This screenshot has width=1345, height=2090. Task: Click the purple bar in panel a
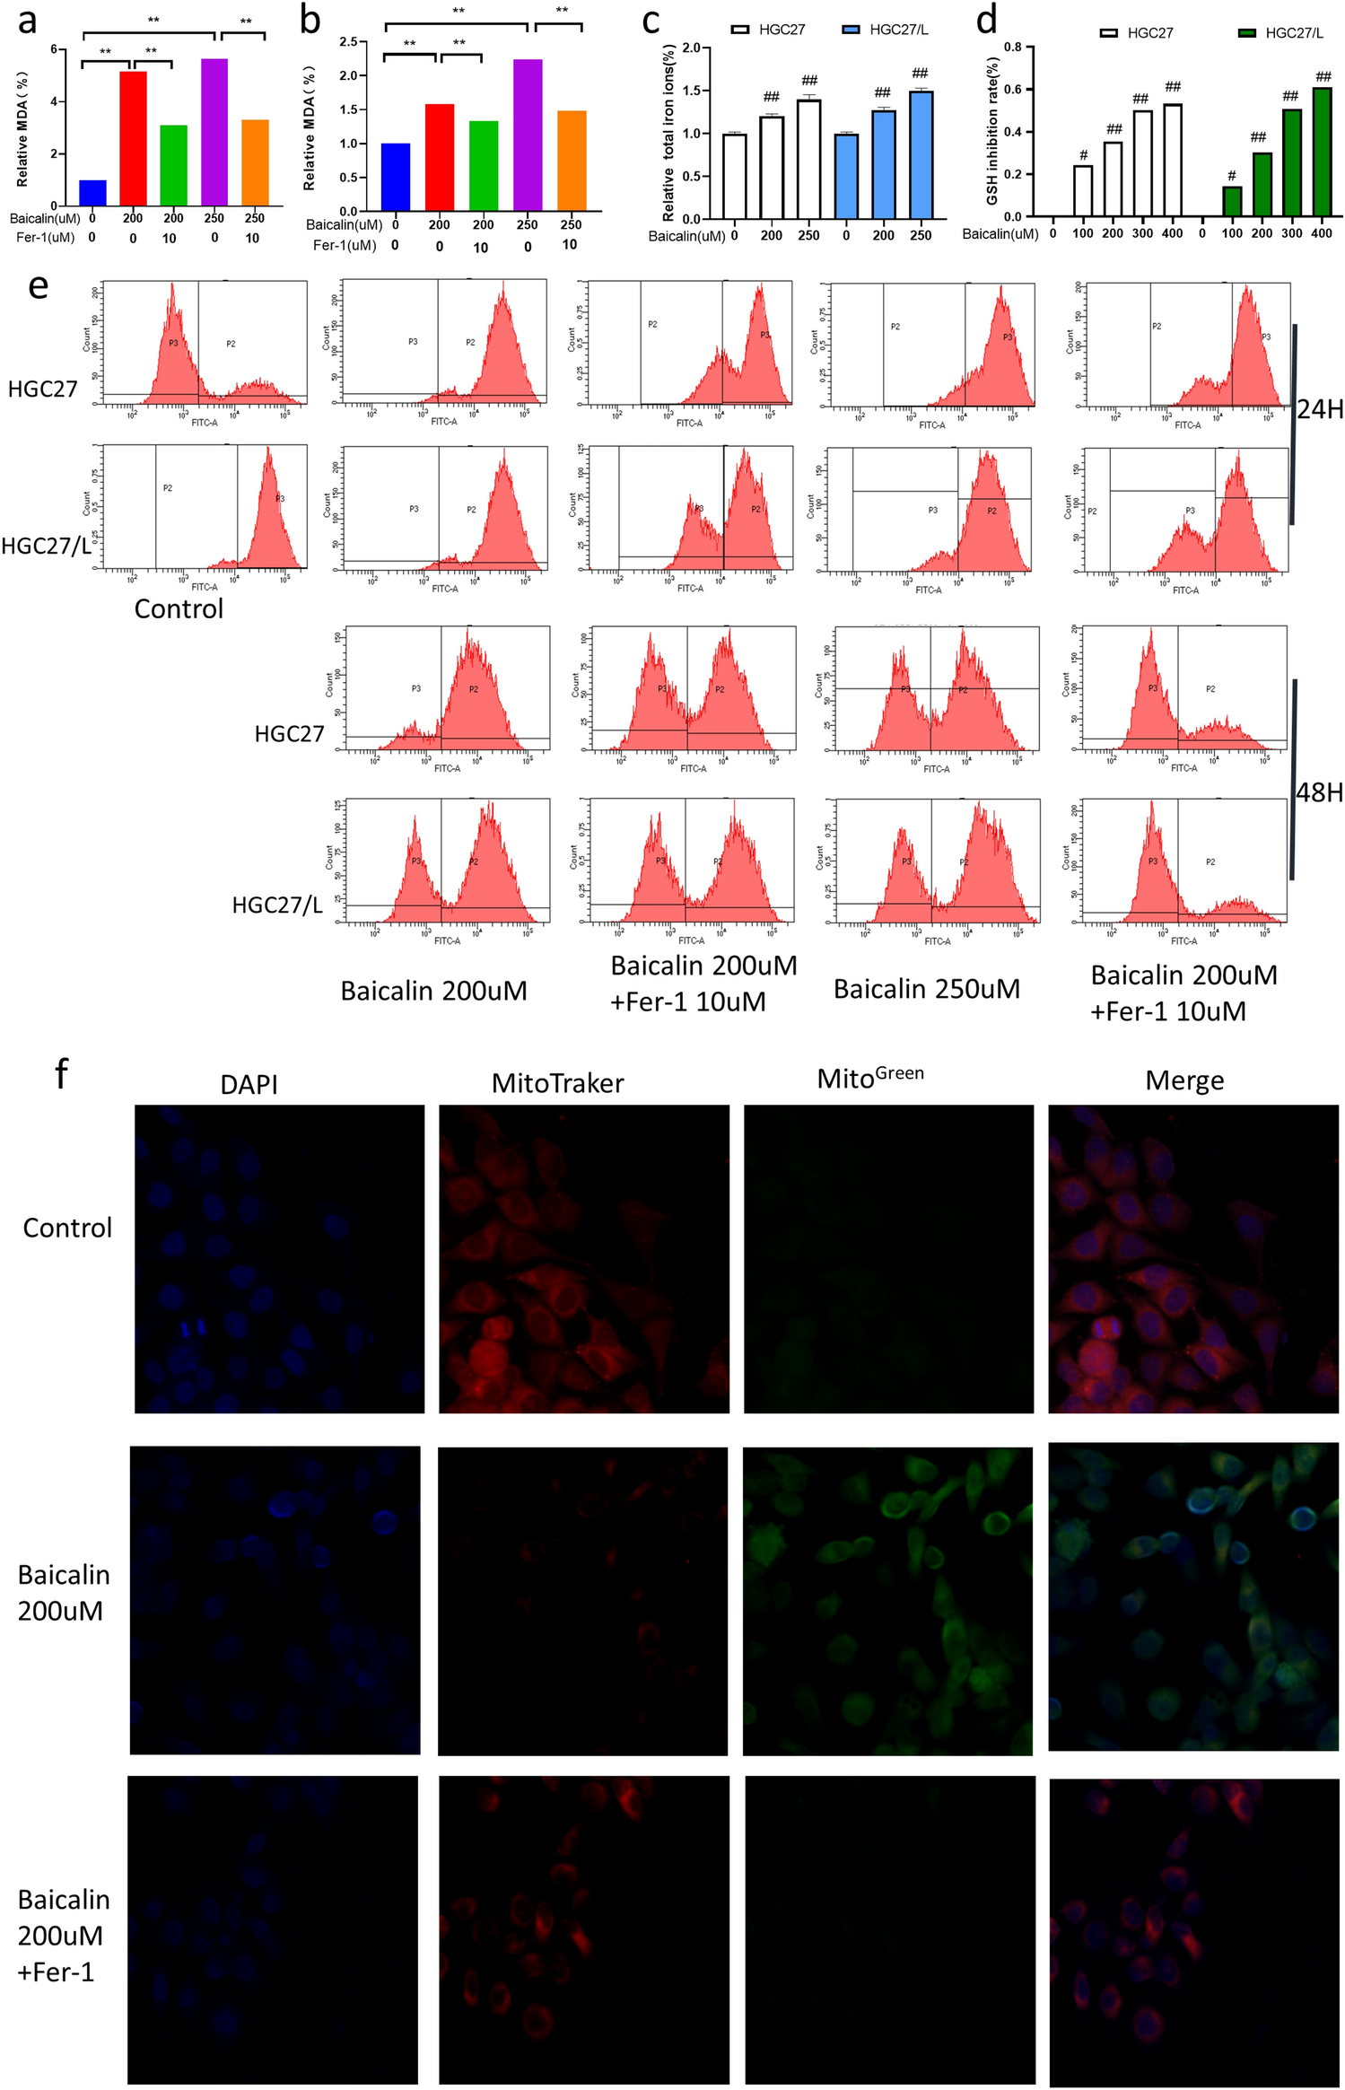click(214, 133)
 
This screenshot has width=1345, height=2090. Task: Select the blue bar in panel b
click(396, 178)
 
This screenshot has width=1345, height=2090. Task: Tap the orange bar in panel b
click(572, 162)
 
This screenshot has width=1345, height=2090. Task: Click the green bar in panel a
click(173, 166)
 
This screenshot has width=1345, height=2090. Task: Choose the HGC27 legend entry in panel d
click(1137, 33)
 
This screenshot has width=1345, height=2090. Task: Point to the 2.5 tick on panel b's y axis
click(348, 42)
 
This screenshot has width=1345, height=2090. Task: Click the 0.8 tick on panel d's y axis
click(1012, 47)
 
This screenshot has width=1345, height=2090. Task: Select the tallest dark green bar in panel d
click(1322, 153)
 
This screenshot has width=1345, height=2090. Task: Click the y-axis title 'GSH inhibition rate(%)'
click(992, 131)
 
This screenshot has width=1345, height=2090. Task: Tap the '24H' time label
click(1320, 410)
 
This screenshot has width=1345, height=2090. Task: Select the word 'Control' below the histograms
click(179, 609)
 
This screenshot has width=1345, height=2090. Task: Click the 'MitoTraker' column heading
click(557, 1083)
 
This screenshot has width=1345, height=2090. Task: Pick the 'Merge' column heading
click(1184, 1080)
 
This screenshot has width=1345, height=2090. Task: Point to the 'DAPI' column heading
click(249, 1085)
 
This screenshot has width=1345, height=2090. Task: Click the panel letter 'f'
click(61, 1073)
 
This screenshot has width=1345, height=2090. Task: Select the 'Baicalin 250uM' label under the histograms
click(927, 989)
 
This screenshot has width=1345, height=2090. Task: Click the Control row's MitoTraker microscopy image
click(583, 1259)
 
